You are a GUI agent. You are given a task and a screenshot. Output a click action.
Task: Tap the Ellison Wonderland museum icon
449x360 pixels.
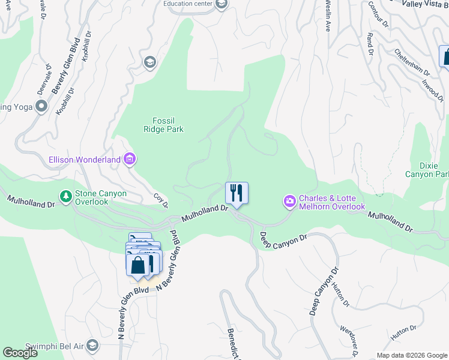[130, 160]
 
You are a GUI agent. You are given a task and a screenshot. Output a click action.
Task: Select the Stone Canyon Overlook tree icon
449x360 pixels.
[65, 196]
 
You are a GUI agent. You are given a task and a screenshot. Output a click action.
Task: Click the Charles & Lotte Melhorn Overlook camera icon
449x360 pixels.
[289, 201]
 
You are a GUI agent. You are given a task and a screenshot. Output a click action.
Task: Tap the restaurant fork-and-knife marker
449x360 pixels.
[237, 193]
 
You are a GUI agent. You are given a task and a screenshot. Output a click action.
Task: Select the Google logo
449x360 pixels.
[20, 353]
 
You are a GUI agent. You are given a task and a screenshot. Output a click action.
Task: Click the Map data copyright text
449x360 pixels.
[412, 355]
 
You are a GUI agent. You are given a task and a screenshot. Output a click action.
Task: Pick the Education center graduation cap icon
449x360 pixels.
[221, 5]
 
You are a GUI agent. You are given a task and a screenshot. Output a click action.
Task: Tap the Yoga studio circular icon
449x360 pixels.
[41, 107]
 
